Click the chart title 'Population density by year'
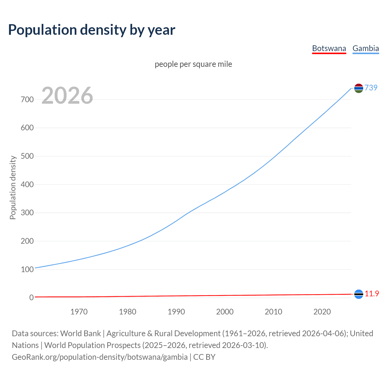92,30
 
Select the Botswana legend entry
329,48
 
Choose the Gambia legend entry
366,48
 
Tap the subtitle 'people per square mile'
193,64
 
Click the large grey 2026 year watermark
67,96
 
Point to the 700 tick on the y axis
27,99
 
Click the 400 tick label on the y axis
27,184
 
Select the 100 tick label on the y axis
27,269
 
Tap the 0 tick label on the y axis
31,298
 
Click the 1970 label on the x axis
79,312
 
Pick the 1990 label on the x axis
176,312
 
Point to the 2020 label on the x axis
322,312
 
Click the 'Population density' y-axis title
13,187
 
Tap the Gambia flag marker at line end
359,88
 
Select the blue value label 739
371,88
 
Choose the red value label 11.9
372,294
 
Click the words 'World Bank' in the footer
80,333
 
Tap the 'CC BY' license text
204,357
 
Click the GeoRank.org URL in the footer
100,357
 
